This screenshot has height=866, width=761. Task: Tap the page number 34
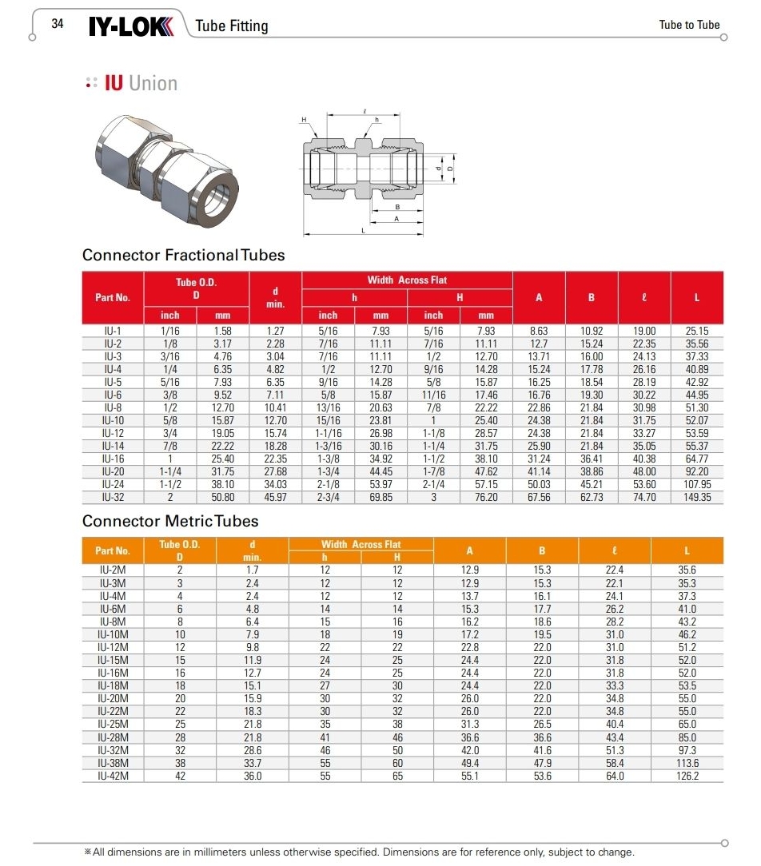58,24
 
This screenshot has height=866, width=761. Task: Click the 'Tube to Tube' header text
689,25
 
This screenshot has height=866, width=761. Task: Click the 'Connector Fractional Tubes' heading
183,256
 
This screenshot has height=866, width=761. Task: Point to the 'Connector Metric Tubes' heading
170,521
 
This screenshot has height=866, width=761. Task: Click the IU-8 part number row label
113,407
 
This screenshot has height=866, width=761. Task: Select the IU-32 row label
113,497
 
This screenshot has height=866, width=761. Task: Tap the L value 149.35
696,497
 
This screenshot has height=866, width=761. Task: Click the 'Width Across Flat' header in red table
407,280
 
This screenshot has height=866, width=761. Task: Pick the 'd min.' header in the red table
275,298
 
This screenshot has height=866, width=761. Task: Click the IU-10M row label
113,634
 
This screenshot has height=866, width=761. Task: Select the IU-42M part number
113,775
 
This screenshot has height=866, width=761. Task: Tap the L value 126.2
687,775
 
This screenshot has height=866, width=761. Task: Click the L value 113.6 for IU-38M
687,762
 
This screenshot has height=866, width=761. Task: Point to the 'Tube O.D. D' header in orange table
179,550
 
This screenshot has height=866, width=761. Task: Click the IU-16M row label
113,673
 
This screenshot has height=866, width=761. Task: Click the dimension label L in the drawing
363,230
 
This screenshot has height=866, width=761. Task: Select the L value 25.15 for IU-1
696,331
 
